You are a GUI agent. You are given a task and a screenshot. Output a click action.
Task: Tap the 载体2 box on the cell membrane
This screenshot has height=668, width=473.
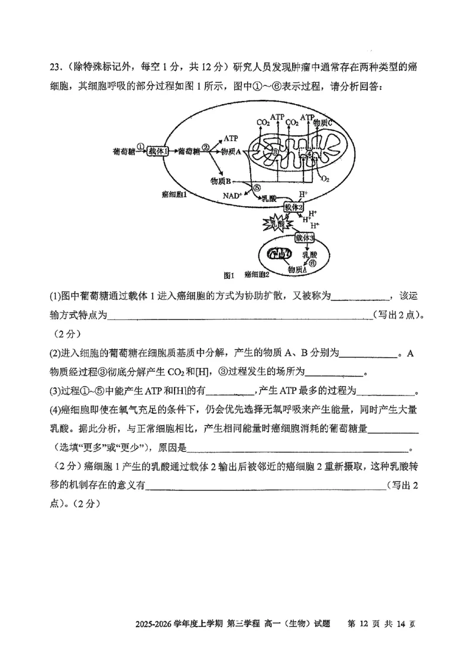click(x=293, y=207)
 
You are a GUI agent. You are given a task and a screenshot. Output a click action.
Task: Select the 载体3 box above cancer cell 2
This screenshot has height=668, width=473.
click(x=305, y=238)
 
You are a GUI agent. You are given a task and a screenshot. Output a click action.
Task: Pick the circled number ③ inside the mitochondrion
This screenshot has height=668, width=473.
click(x=276, y=152)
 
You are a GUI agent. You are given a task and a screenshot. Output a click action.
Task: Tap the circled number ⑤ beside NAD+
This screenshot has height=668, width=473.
click(x=257, y=188)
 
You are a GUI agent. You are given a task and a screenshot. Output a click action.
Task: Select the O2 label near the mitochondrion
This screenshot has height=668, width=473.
click(x=324, y=179)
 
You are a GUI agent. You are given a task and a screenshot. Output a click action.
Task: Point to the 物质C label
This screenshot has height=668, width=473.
click(x=326, y=122)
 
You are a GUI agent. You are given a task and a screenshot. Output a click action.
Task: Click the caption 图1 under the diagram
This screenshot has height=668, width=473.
click(x=229, y=275)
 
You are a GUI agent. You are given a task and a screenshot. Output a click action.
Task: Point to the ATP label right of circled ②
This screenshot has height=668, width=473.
click(x=231, y=138)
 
